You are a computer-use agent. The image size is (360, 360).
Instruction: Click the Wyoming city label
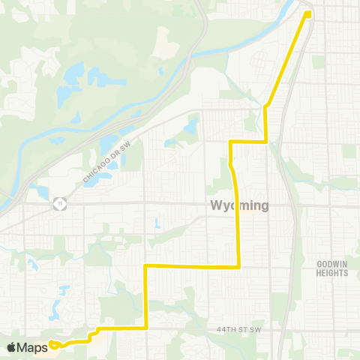tap(239, 205)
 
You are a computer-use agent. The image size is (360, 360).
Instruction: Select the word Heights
tap(331, 274)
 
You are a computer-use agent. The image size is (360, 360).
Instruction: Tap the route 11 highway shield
tap(58, 203)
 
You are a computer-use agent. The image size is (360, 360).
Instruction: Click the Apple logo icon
tap(11, 347)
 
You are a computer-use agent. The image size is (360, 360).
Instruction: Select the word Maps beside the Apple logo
tap(33, 347)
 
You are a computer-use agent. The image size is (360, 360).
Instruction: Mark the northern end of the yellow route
tap(308, 12)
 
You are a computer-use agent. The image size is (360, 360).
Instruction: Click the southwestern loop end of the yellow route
tap(52, 345)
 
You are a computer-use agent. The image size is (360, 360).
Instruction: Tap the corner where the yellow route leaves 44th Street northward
tap(145, 328)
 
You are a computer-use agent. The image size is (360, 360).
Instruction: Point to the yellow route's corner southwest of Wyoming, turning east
tap(145, 265)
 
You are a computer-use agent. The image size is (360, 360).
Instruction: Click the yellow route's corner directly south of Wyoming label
tap(238, 265)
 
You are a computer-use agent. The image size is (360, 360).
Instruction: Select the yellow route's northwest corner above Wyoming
tap(230, 141)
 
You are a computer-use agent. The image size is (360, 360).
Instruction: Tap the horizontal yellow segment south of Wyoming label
tap(191, 265)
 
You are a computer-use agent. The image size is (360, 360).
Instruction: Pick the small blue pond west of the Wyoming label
tap(157, 223)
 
